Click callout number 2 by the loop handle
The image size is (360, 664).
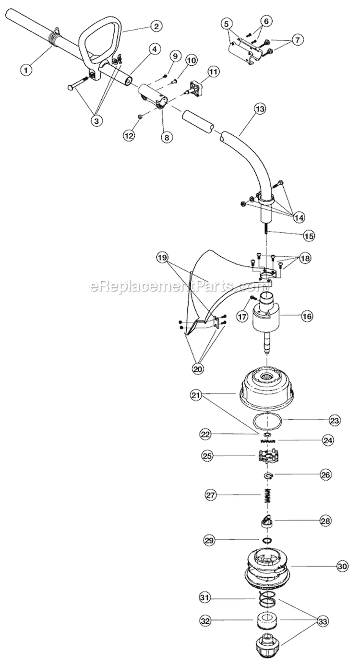[x=156, y=26]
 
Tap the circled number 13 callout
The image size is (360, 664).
[x=260, y=109]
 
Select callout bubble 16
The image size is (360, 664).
[x=307, y=316]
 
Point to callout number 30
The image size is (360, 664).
[x=342, y=566]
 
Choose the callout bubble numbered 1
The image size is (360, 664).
[x=26, y=70]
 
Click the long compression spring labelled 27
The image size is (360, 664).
[x=268, y=495]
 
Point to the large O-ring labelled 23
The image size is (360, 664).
[x=267, y=421]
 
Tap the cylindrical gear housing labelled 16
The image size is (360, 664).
[x=266, y=315]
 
